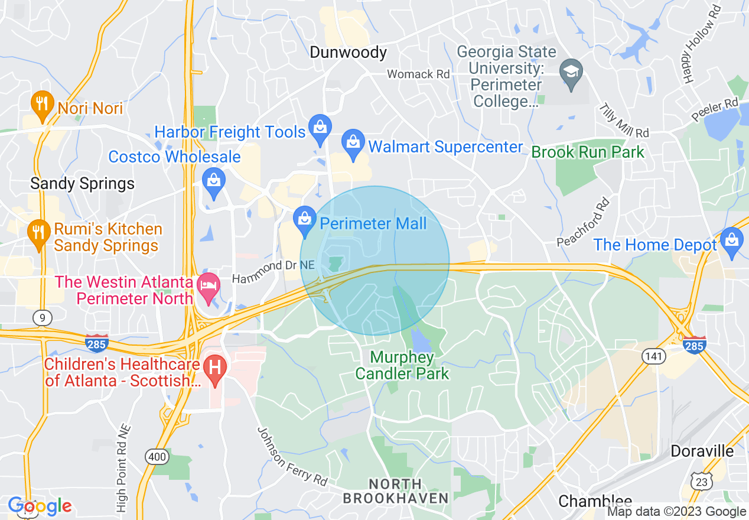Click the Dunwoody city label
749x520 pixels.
(x=349, y=53)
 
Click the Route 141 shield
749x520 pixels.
(x=654, y=356)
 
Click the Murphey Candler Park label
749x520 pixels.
(x=402, y=366)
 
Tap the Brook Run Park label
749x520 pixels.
(x=588, y=152)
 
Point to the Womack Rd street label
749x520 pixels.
(x=418, y=74)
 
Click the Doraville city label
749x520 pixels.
(x=702, y=451)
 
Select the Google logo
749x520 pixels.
(x=40, y=506)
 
